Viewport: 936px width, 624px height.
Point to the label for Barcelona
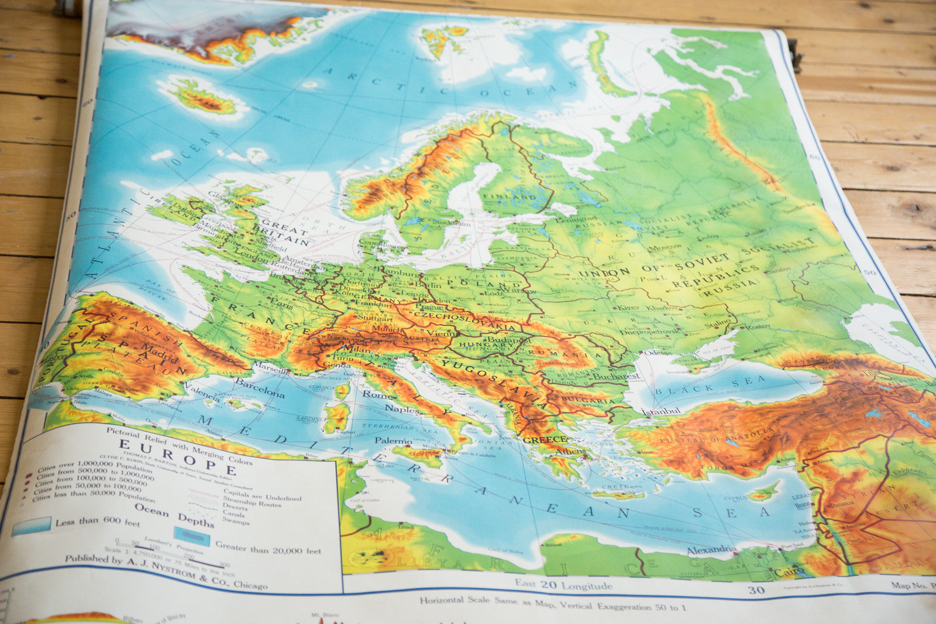(x=259, y=387)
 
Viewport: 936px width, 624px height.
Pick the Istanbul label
(x=660, y=411)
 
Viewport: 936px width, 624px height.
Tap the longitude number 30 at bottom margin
(x=756, y=590)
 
